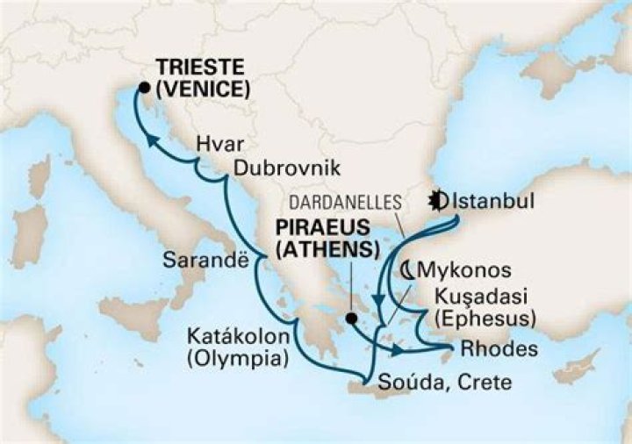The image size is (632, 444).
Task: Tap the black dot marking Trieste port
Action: point(143,86)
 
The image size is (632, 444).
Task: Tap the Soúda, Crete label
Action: point(443,383)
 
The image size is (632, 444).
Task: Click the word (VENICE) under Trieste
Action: point(204,89)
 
